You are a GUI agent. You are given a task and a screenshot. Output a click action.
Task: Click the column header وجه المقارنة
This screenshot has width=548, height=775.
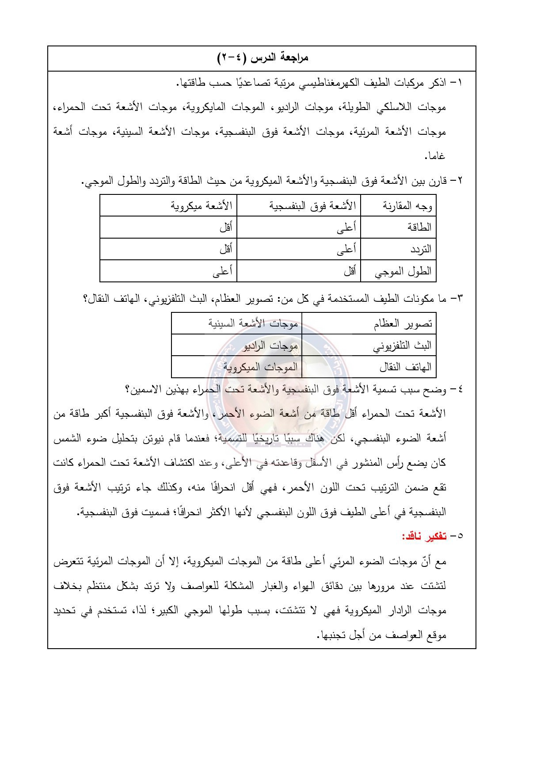(407, 206)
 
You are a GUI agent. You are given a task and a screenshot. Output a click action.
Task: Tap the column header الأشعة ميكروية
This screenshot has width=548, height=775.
(202, 206)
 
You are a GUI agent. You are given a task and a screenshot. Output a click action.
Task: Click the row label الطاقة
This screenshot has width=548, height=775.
(420, 228)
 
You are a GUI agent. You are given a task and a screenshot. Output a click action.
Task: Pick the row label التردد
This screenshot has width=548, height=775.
(420, 249)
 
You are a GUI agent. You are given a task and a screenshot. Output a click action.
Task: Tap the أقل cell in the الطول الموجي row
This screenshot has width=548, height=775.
(350, 271)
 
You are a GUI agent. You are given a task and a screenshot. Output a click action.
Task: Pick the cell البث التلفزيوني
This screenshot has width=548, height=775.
(402, 346)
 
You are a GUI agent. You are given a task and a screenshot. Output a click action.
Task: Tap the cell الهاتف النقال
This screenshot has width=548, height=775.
(405, 367)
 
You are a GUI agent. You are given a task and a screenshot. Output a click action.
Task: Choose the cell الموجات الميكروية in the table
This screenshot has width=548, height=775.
(260, 367)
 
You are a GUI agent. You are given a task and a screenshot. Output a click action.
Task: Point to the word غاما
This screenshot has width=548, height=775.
(435, 156)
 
